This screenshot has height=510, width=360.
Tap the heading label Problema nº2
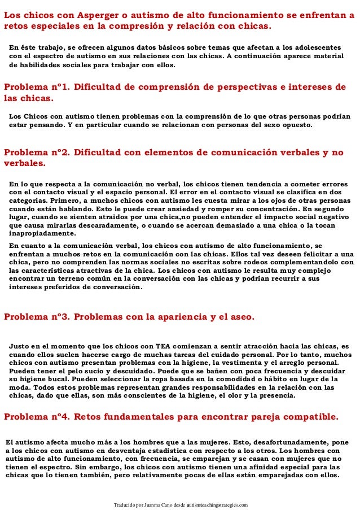pos(36,152)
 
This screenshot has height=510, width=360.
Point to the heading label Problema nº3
pos(36,316)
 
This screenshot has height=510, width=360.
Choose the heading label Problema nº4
pos(36,417)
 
